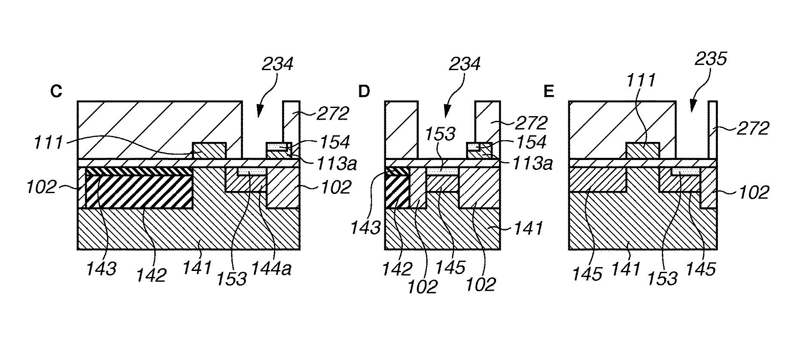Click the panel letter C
tap(56, 92)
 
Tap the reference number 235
tap(711, 59)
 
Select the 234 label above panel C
tap(278, 65)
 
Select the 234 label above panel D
tap(464, 65)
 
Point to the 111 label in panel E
tap(641, 80)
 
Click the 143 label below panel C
tap(101, 269)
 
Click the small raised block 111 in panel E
tap(642, 151)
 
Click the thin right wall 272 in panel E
tap(712, 129)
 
